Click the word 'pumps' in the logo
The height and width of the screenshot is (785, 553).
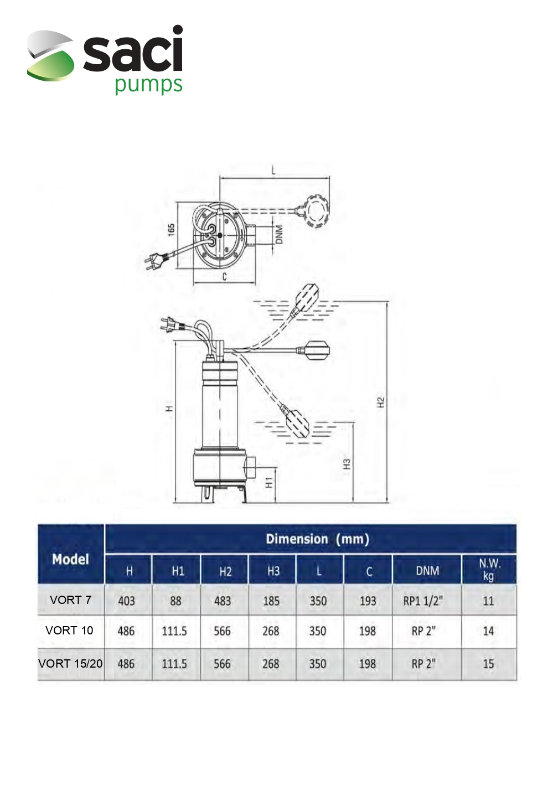coord(148,85)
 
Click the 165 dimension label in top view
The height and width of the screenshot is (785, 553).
coord(172,230)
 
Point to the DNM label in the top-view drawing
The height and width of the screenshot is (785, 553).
coord(279,235)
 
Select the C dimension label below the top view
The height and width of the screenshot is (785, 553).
coord(225,277)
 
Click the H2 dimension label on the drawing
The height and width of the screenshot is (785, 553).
coord(381,402)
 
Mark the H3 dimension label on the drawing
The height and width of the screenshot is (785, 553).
coord(347,464)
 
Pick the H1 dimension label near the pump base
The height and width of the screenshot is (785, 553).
coord(269,483)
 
